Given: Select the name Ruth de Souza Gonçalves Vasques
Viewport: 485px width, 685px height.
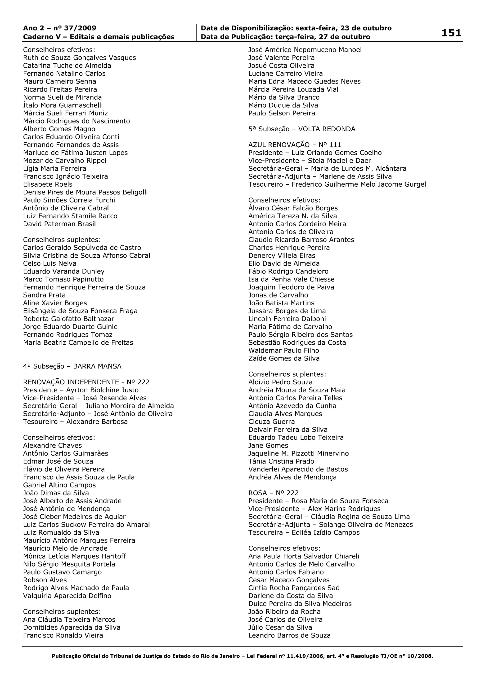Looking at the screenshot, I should tap(79, 57).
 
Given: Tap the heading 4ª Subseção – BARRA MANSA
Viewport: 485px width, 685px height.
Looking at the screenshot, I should tap(72, 366).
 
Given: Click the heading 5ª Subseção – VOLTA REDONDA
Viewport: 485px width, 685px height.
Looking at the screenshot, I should tap(302, 129).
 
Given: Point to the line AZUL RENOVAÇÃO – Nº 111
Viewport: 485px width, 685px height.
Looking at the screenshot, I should tap(295, 145).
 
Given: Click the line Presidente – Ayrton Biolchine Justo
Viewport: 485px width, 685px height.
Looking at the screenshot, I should tap(81, 390).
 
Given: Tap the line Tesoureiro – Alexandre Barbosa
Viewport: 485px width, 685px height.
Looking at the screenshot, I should tap(75, 422).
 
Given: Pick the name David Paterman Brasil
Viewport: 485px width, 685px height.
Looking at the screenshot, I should tap(59, 224).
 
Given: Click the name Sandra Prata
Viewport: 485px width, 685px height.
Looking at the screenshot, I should tap(44, 295).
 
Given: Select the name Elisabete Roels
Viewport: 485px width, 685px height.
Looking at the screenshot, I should tap(48, 184).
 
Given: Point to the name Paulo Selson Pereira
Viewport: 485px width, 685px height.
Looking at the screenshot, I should tap(282, 113).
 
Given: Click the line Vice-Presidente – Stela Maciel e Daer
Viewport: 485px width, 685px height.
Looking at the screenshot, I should tap(310, 161).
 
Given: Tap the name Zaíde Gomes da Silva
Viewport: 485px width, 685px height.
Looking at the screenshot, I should tap(284, 358).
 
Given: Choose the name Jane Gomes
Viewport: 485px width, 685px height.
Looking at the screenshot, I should tap(268, 445).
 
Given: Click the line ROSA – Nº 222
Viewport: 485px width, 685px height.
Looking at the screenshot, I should tap(273, 493).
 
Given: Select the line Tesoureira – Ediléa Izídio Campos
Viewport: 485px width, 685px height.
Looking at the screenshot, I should tap(304, 532).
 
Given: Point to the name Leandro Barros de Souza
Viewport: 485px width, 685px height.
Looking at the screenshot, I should tap(289, 636).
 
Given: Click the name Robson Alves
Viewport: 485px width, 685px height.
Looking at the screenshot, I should tap(45, 580).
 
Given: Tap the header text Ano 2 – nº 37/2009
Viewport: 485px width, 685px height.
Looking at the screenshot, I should tap(60, 28).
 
